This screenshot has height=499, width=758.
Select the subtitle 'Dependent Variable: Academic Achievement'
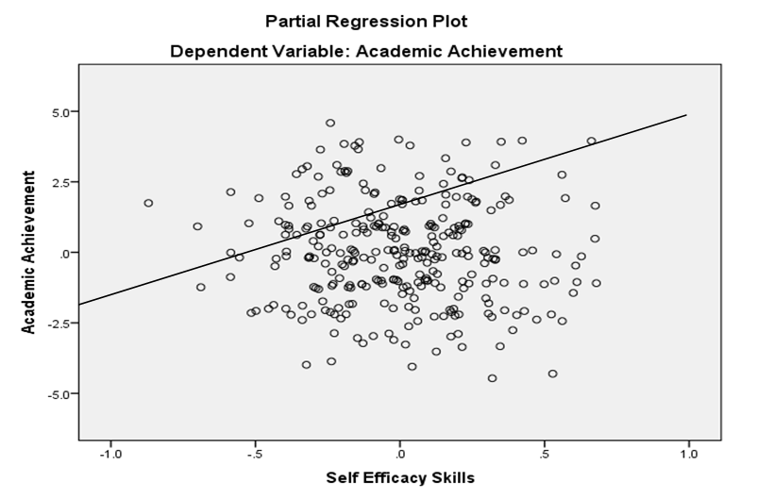[366, 50]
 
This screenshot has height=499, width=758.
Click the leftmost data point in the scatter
[148, 203]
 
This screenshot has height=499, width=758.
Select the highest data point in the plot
[330, 123]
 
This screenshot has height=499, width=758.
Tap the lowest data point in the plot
[492, 378]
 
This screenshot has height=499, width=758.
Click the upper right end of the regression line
[686, 115]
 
